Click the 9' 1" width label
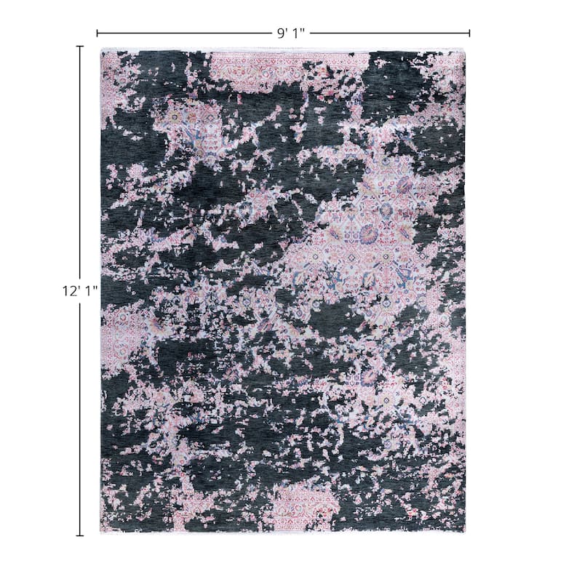tap(290, 33)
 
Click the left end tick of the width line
tap(97, 33)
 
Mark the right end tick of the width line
tap(469, 33)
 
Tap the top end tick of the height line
tap(79, 47)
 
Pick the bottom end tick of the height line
tap(79, 535)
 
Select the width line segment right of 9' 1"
tap(390, 33)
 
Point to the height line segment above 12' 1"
tap(79, 160)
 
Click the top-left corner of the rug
tap(102, 52)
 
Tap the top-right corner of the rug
tap(464, 52)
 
